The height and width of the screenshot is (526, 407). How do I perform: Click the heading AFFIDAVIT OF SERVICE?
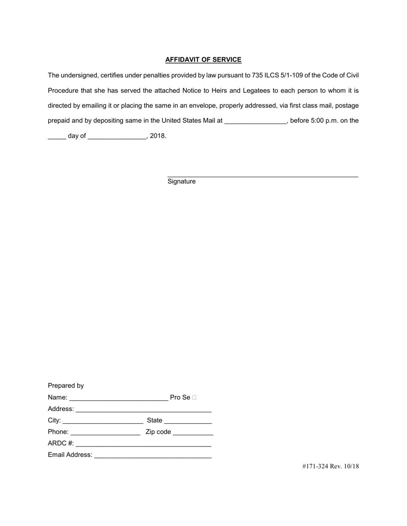tap(203, 60)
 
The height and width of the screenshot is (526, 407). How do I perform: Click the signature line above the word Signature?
tap(262, 175)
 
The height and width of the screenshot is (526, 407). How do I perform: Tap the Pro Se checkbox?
tap(195, 398)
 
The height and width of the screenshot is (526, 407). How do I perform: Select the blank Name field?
tap(118, 398)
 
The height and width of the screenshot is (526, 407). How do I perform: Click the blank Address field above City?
tap(143, 409)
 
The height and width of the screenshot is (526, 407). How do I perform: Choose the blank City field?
tap(103, 421)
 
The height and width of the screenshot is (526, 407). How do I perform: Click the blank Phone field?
tap(105, 432)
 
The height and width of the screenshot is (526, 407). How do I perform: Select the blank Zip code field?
tap(193, 432)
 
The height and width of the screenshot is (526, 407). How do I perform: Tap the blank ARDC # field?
tap(143, 444)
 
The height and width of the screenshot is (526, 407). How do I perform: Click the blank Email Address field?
tap(153, 455)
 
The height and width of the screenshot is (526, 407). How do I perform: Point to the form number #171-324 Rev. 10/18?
tap(330, 467)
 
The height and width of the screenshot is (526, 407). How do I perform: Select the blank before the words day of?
tap(57, 136)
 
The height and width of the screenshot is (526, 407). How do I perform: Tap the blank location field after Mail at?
tap(255, 121)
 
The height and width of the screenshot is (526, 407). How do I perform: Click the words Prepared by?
tap(66, 386)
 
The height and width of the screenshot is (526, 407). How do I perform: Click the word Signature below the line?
tap(181, 182)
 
